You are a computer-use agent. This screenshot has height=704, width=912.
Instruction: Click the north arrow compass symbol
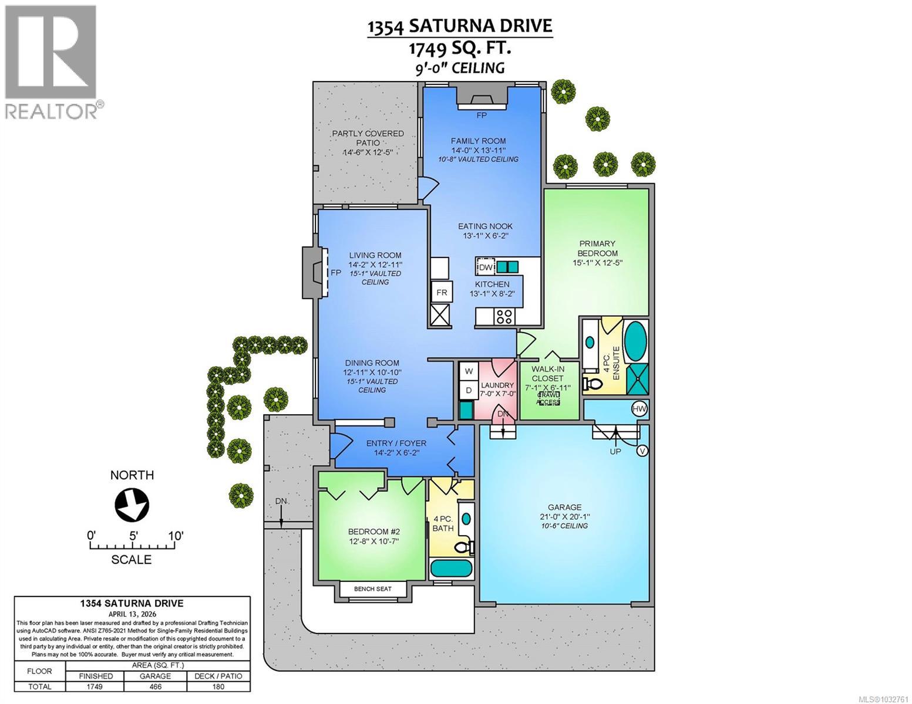(x=132, y=505)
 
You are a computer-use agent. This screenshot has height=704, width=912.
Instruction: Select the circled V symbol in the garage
(x=643, y=451)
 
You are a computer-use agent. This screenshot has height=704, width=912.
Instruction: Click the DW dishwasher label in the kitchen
(x=485, y=268)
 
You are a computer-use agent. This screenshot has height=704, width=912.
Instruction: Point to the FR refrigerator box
(x=441, y=292)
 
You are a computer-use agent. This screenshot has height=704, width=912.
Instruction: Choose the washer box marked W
(x=469, y=371)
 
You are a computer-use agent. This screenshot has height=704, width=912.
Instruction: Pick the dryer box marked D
(x=469, y=390)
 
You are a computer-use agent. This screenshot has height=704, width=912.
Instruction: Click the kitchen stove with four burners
(x=504, y=317)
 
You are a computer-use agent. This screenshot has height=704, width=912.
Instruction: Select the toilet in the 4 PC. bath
(x=466, y=547)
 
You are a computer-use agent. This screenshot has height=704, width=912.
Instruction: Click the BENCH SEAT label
(x=372, y=588)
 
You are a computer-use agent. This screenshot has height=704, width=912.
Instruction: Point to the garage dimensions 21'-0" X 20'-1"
(x=564, y=517)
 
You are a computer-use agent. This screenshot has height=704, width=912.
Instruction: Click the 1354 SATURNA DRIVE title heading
(x=459, y=26)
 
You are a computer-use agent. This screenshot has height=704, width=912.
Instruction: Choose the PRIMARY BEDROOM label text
(x=597, y=248)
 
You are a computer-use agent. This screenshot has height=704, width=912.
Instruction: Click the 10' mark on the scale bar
(x=175, y=536)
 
